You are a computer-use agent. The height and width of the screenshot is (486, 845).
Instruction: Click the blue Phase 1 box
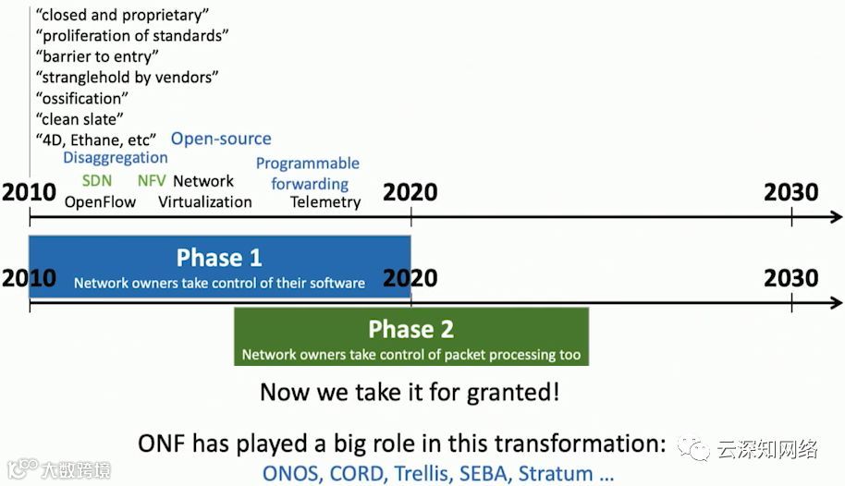pyautogui.click(x=220, y=266)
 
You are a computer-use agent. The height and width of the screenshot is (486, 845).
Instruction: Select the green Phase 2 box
pyautogui.click(x=411, y=336)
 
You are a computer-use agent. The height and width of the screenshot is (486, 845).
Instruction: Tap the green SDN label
pyautogui.click(x=97, y=180)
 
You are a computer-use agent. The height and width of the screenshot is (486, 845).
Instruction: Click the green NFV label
pyautogui.click(x=152, y=180)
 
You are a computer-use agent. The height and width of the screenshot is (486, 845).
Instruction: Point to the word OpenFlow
pyautogui.click(x=100, y=202)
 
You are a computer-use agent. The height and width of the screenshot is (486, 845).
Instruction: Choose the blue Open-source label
pyautogui.click(x=221, y=139)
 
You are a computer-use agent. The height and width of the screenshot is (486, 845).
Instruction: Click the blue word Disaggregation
pyautogui.click(x=116, y=158)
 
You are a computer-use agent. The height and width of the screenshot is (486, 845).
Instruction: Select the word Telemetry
pyautogui.click(x=325, y=202)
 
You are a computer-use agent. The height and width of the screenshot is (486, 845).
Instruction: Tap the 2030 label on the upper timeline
pyautogui.click(x=791, y=192)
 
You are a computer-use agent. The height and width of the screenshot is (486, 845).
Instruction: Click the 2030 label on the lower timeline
pyautogui.click(x=791, y=278)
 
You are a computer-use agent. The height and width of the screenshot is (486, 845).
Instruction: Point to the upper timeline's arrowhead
pyautogui.click(x=837, y=217)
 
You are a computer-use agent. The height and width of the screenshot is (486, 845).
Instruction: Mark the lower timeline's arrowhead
pyautogui.click(x=837, y=303)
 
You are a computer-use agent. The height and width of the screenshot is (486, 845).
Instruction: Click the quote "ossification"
pyautogui.click(x=82, y=99)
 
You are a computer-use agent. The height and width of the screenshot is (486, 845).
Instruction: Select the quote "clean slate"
pyautogui.click(x=80, y=119)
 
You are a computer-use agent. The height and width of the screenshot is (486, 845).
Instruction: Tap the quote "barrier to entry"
pyautogui.click(x=97, y=56)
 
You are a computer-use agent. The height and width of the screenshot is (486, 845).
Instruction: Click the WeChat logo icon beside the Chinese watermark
pyautogui.click(x=693, y=449)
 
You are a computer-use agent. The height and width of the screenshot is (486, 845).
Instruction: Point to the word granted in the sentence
pyautogui.click(x=512, y=393)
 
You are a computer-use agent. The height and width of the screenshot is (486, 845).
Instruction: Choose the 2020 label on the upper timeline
pyautogui.click(x=410, y=192)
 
